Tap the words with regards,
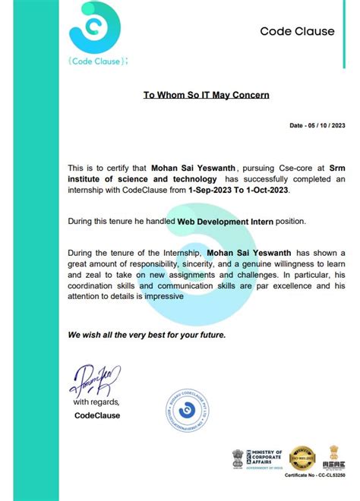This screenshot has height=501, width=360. [96, 401]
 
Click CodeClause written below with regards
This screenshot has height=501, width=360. [96, 415]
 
